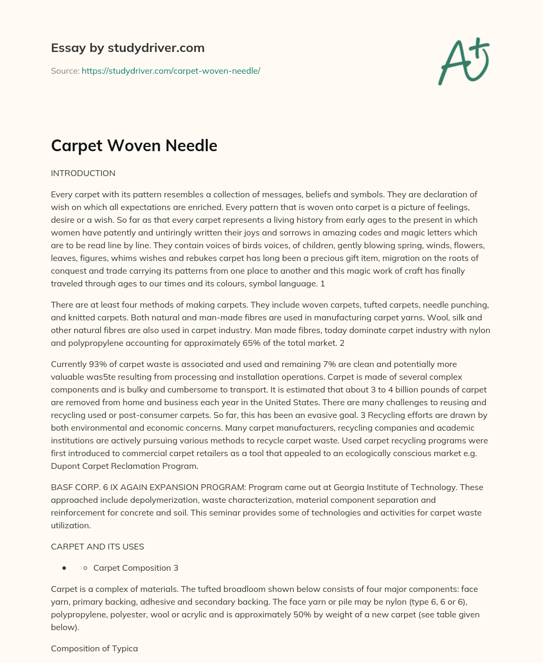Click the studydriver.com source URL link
click(171, 71)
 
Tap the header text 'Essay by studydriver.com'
click(127, 48)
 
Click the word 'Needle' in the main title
click(193, 145)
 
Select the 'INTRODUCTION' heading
click(83, 173)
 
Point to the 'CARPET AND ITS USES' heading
click(97, 546)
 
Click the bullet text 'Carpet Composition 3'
click(136, 568)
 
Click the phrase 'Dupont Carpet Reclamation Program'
click(124, 466)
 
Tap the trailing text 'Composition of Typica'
click(94, 648)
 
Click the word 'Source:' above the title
click(65, 71)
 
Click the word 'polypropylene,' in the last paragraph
click(77, 614)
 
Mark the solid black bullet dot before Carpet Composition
click(64, 568)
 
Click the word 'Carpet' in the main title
click(77, 145)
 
